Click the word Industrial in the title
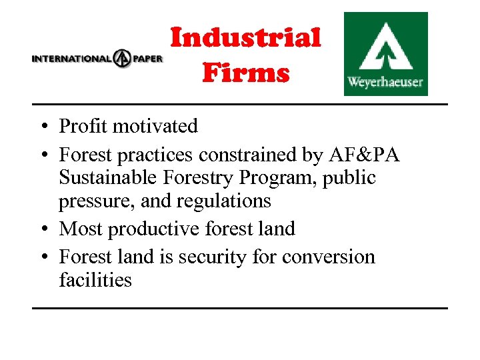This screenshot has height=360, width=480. [246, 38]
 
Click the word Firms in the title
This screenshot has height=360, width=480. [246, 73]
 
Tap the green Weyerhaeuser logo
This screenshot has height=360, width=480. [385, 54]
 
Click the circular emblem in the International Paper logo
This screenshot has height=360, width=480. [122, 58]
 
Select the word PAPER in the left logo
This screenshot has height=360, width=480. [147, 58]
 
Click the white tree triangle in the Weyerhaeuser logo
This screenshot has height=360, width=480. [385, 47]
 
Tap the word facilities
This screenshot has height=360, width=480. [95, 280]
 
